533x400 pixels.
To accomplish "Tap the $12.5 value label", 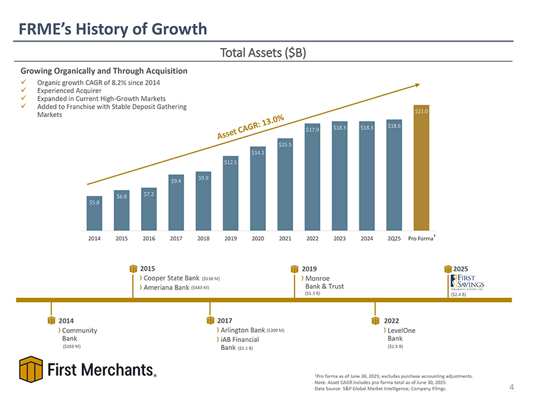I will coord(230,161).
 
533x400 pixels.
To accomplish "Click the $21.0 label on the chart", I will coord(421,112).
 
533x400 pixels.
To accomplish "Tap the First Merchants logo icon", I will coord(31,370).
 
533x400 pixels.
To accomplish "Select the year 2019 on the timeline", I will coord(309,268).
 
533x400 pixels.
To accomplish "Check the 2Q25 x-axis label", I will coord(394,239).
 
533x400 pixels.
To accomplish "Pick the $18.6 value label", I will coord(394,126).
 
